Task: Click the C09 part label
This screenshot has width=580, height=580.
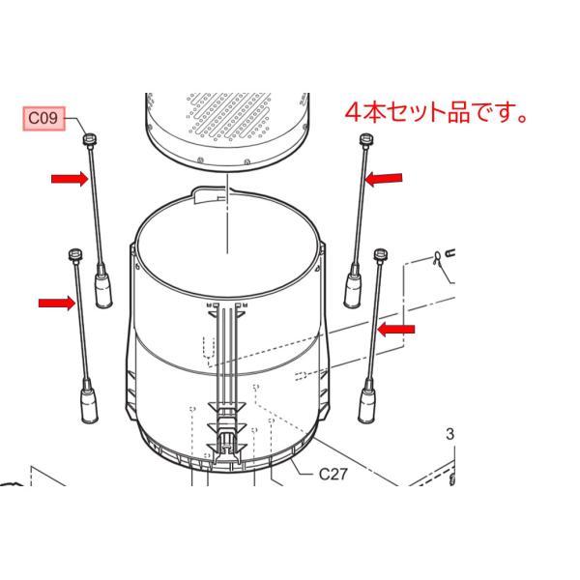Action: point(43,119)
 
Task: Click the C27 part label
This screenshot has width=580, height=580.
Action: point(333,475)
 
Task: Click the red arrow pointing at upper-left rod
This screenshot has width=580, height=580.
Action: point(67,178)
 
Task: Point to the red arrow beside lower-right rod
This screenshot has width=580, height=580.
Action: point(395,330)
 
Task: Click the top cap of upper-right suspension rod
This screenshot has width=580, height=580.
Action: point(365,141)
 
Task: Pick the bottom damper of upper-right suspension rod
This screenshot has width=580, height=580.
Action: point(354,287)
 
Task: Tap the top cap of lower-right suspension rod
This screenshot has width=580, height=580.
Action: point(380,253)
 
